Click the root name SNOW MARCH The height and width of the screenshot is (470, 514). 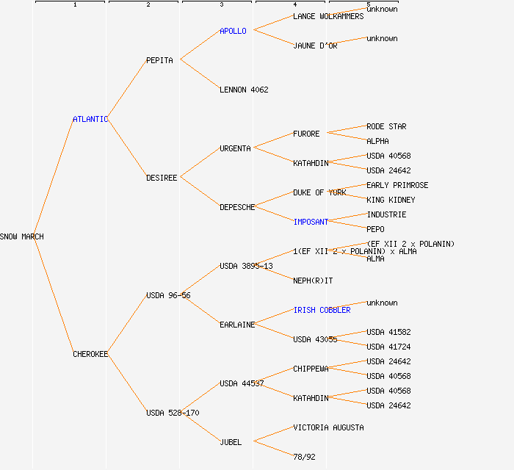(22, 236)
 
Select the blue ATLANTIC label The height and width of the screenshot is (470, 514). (90, 119)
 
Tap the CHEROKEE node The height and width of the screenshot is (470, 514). (90, 354)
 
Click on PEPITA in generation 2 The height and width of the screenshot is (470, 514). (159, 60)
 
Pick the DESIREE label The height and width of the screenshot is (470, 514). (162, 178)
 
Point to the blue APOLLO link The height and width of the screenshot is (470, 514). (233, 31)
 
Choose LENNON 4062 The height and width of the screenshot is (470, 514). (244, 90)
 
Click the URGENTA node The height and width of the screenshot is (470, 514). (235, 148)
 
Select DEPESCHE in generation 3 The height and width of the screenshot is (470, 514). (237, 207)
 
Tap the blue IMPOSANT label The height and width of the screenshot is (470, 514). (311, 222)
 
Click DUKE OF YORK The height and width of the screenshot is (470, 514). (319, 192)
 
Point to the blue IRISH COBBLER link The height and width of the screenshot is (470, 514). (322, 310)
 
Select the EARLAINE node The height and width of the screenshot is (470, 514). (237, 325)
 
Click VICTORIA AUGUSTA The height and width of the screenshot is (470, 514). (328, 427)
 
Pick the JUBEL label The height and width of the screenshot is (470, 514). (231, 442)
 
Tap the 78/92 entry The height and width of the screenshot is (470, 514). (304, 457)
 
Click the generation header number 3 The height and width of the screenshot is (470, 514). (221, 5)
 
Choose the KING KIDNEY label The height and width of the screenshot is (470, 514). (391, 200)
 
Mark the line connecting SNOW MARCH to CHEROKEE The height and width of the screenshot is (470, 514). (53, 295)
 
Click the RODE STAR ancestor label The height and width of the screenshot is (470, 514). (386, 126)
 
